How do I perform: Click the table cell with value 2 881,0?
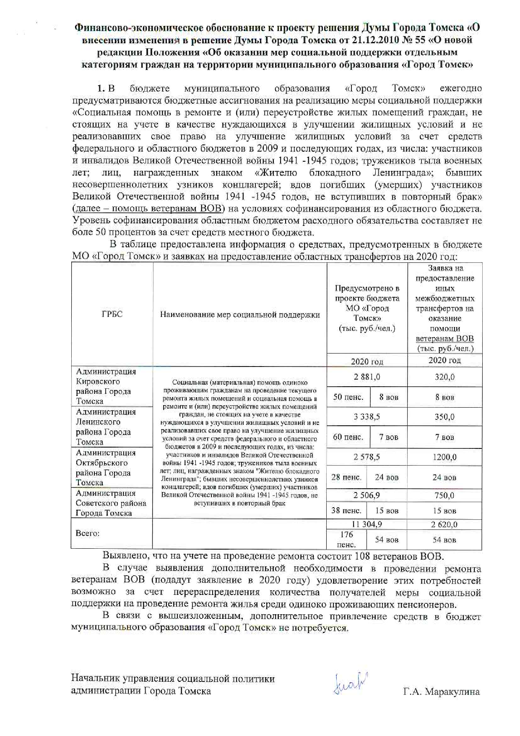[x=367, y=377]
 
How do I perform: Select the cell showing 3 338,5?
[x=367, y=417]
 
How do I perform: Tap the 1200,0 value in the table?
[x=445, y=457]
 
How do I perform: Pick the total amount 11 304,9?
[x=367, y=524]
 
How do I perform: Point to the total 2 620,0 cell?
[x=445, y=524]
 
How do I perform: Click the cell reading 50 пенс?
[x=348, y=397]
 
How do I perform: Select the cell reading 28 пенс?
[x=346, y=477]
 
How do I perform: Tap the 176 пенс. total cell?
[x=346, y=540]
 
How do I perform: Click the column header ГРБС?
[x=112, y=314]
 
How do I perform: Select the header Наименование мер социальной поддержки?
[x=240, y=315]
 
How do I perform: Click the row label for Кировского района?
[x=106, y=386]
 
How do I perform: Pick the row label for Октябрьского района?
[x=106, y=467]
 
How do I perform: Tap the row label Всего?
[x=88, y=533]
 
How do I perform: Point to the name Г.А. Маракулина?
[x=441, y=692]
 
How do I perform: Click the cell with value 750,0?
[x=445, y=495]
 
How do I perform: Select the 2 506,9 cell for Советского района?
[x=367, y=495]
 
